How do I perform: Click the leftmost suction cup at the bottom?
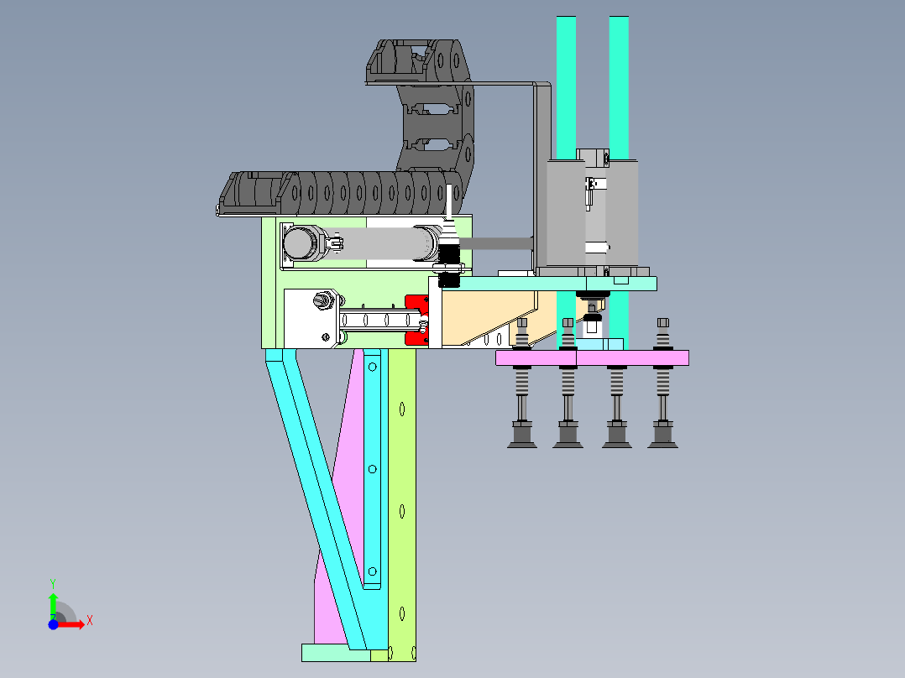coord(522,435)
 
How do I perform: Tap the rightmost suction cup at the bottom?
coord(662,435)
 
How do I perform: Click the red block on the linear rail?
coord(416,321)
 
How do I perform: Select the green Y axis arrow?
coord(53,606)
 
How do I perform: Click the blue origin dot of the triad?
coord(53,624)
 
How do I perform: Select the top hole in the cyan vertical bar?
coord(372,367)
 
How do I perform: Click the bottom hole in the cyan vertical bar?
coord(372,571)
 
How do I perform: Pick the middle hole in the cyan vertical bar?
coord(372,469)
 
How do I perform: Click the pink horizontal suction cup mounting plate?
coord(592,357)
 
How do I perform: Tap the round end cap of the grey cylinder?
coord(298,243)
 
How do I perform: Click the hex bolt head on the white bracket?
coord(322,300)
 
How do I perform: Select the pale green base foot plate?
coord(336,653)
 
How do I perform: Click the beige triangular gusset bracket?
coord(488,316)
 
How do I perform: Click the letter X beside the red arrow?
coord(90,621)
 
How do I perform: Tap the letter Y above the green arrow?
coord(53,584)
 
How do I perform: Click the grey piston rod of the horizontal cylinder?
coord(496,243)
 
